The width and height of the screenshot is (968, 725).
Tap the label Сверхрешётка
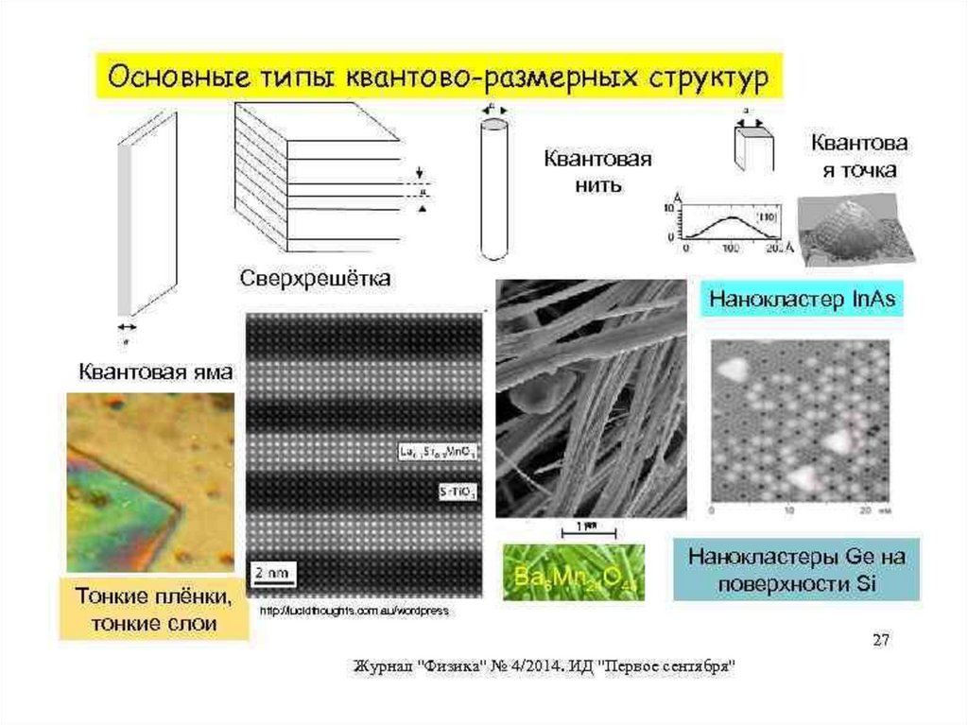pos(314,279)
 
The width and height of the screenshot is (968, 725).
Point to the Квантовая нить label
pos(596,170)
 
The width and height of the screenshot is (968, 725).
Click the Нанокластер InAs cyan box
pos(803,301)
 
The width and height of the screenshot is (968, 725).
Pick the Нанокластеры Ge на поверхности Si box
pos(796,569)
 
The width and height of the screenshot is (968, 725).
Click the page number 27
pos(880,642)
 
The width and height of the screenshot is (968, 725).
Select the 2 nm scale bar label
pos(272,572)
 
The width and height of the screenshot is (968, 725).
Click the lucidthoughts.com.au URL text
pos(354,612)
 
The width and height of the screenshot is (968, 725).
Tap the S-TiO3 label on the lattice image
pos(458,492)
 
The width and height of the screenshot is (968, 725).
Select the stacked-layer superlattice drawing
pos(317,180)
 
